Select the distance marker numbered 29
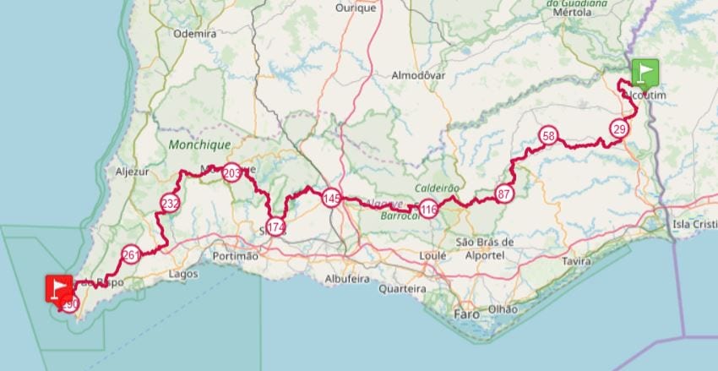[x=620, y=128]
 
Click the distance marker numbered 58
[x=548, y=136]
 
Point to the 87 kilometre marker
[x=504, y=194]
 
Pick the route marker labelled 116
[x=428, y=209]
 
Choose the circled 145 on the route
[x=331, y=198]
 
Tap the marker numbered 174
[x=275, y=226]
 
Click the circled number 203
[x=231, y=173]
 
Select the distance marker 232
[x=170, y=203]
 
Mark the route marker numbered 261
[x=131, y=254]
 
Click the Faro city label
[x=465, y=314]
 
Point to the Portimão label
[x=236, y=256]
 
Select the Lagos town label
[x=183, y=274]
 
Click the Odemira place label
[x=194, y=34]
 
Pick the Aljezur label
[x=131, y=171]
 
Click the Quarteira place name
[x=402, y=288]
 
